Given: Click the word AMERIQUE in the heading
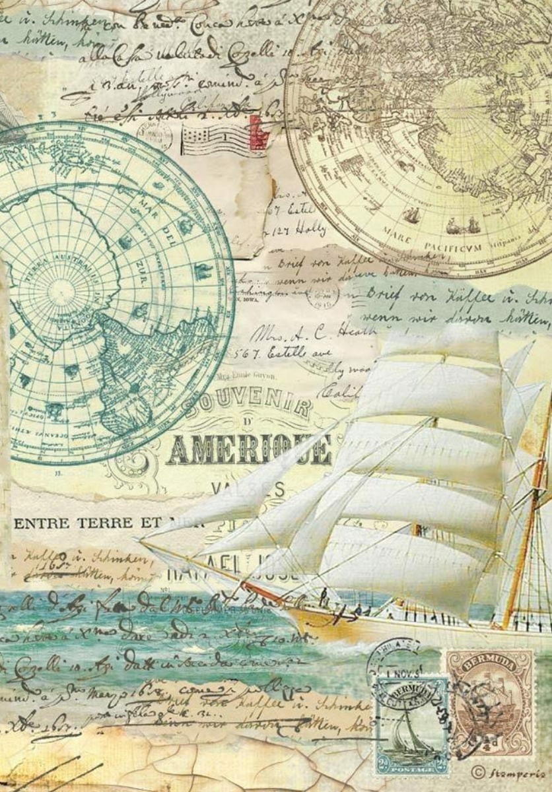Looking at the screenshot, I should (248, 451).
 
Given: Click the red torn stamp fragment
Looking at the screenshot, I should (258, 132).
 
